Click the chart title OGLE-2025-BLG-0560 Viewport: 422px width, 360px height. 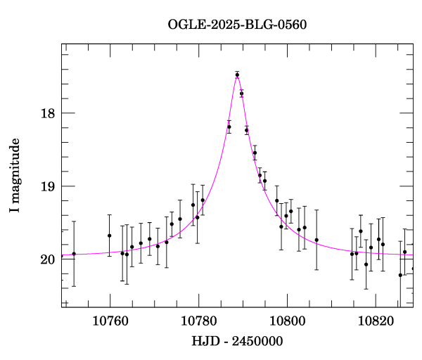[237, 24]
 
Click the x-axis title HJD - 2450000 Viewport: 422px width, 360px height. [237, 341]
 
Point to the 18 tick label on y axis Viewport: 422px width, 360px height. [49, 113]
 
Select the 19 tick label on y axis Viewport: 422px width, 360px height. [49, 186]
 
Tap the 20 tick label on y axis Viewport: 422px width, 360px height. [49, 259]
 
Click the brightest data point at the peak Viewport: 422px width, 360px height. [237, 75]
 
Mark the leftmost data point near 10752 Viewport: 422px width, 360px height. [74, 254]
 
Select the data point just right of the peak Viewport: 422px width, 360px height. [241, 94]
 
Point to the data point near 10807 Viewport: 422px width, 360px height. [316, 240]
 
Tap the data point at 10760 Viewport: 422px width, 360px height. [110, 236]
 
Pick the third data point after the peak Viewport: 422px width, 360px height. [255, 153]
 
